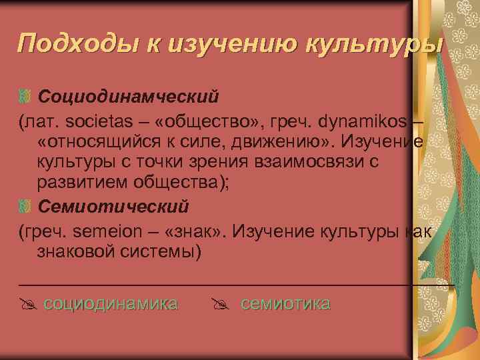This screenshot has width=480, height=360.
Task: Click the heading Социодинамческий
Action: click(x=128, y=97)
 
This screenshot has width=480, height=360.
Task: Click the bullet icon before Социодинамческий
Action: click(x=25, y=97)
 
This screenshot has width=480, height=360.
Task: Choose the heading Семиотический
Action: click(x=113, y=205)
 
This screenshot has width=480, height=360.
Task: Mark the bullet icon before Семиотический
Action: click(x=25, y=205)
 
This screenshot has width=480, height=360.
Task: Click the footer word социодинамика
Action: click(x=111, y=304)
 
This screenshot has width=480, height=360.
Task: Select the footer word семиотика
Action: click(x=285, y=304)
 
